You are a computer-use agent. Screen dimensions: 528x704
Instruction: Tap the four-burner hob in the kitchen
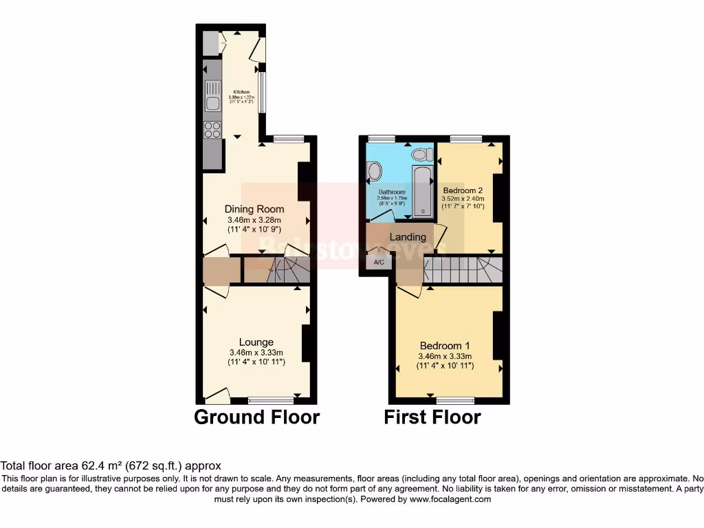coord(212,129)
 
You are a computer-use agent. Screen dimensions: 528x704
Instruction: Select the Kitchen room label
coord(241,92)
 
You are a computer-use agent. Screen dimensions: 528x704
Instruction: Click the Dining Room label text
coord(254,209)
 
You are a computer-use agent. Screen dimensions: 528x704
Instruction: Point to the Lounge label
coord(256,342)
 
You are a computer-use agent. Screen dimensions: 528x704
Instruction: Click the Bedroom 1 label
coord(445,345)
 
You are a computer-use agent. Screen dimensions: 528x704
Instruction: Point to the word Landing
coord(408,237)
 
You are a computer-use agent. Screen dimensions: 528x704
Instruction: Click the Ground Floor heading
coord(256,417)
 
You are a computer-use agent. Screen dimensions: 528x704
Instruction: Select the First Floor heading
coord(432,417)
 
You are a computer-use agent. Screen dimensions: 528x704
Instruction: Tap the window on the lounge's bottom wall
coord(270,399)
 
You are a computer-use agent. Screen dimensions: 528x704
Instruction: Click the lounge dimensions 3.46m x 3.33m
coord(256,353)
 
